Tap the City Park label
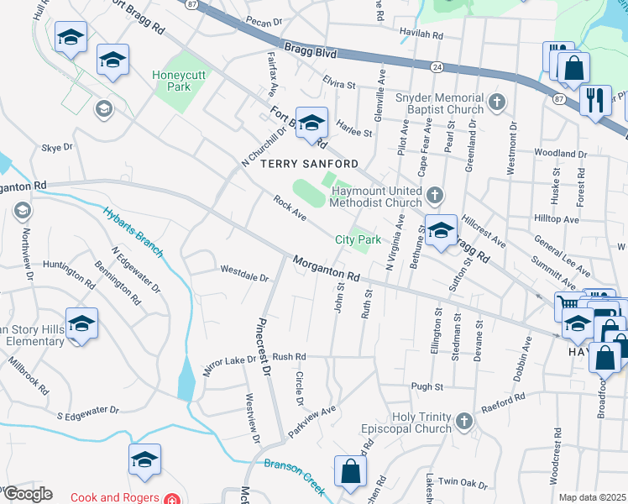pyautogui.click(x=358, y=239)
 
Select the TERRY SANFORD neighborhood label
pyautogui.click(x=310, y=163)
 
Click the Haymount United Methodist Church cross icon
pyautogui.click(x=434, y=196)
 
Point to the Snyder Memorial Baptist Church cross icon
pyautogui.click(x=497, y=102)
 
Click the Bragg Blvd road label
pyautogui.click(x=310, y=52)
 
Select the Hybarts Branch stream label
pyautogui.click(x=134, y=228)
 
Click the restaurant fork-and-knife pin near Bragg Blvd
pyautogui.click(x=595, y=99)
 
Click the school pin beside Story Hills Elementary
pyautogui.click(x=81, y=323)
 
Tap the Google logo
pyautogui.click(x=28, y=494)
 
